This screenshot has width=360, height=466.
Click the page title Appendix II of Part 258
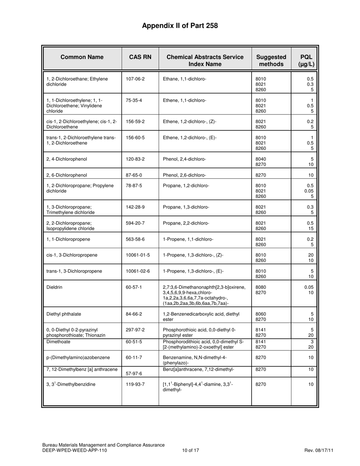180,26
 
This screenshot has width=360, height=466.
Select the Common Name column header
82,57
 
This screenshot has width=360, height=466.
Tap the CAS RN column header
140,57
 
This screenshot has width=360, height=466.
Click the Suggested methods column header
271,61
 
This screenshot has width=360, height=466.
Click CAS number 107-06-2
135,79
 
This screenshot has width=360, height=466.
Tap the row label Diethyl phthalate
64,314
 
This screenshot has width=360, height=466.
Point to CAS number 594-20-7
135,224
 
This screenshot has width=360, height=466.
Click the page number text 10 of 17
191,450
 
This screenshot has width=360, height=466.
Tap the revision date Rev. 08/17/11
319,450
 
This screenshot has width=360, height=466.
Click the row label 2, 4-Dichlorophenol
67,159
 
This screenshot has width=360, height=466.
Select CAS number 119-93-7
135,384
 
